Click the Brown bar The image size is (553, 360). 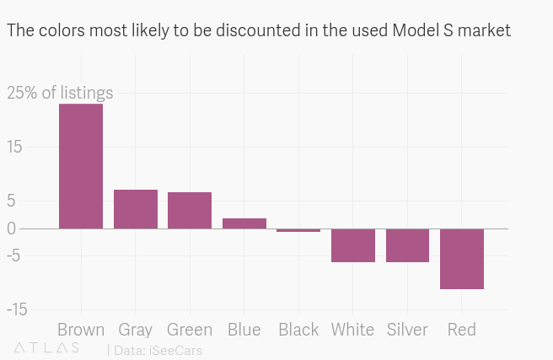[81, 166]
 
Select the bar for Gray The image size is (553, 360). [136, 209]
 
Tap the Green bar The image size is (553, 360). [190, 210]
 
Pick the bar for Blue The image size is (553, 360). [244, 223]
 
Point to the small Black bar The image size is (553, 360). [298, 230]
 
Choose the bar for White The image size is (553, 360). [353, 245]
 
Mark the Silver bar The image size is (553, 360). [407, 245]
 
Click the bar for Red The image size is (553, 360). [462, 259]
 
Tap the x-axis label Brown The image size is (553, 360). [81, 330]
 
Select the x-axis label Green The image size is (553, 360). [190, 330]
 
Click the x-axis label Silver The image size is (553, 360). [407, 330]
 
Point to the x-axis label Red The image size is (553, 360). [462, 330]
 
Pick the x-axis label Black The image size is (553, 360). [298, 330]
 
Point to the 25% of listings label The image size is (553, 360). [60, 93]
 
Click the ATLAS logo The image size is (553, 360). [47, 347]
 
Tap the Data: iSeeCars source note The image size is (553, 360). [157, 350]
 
